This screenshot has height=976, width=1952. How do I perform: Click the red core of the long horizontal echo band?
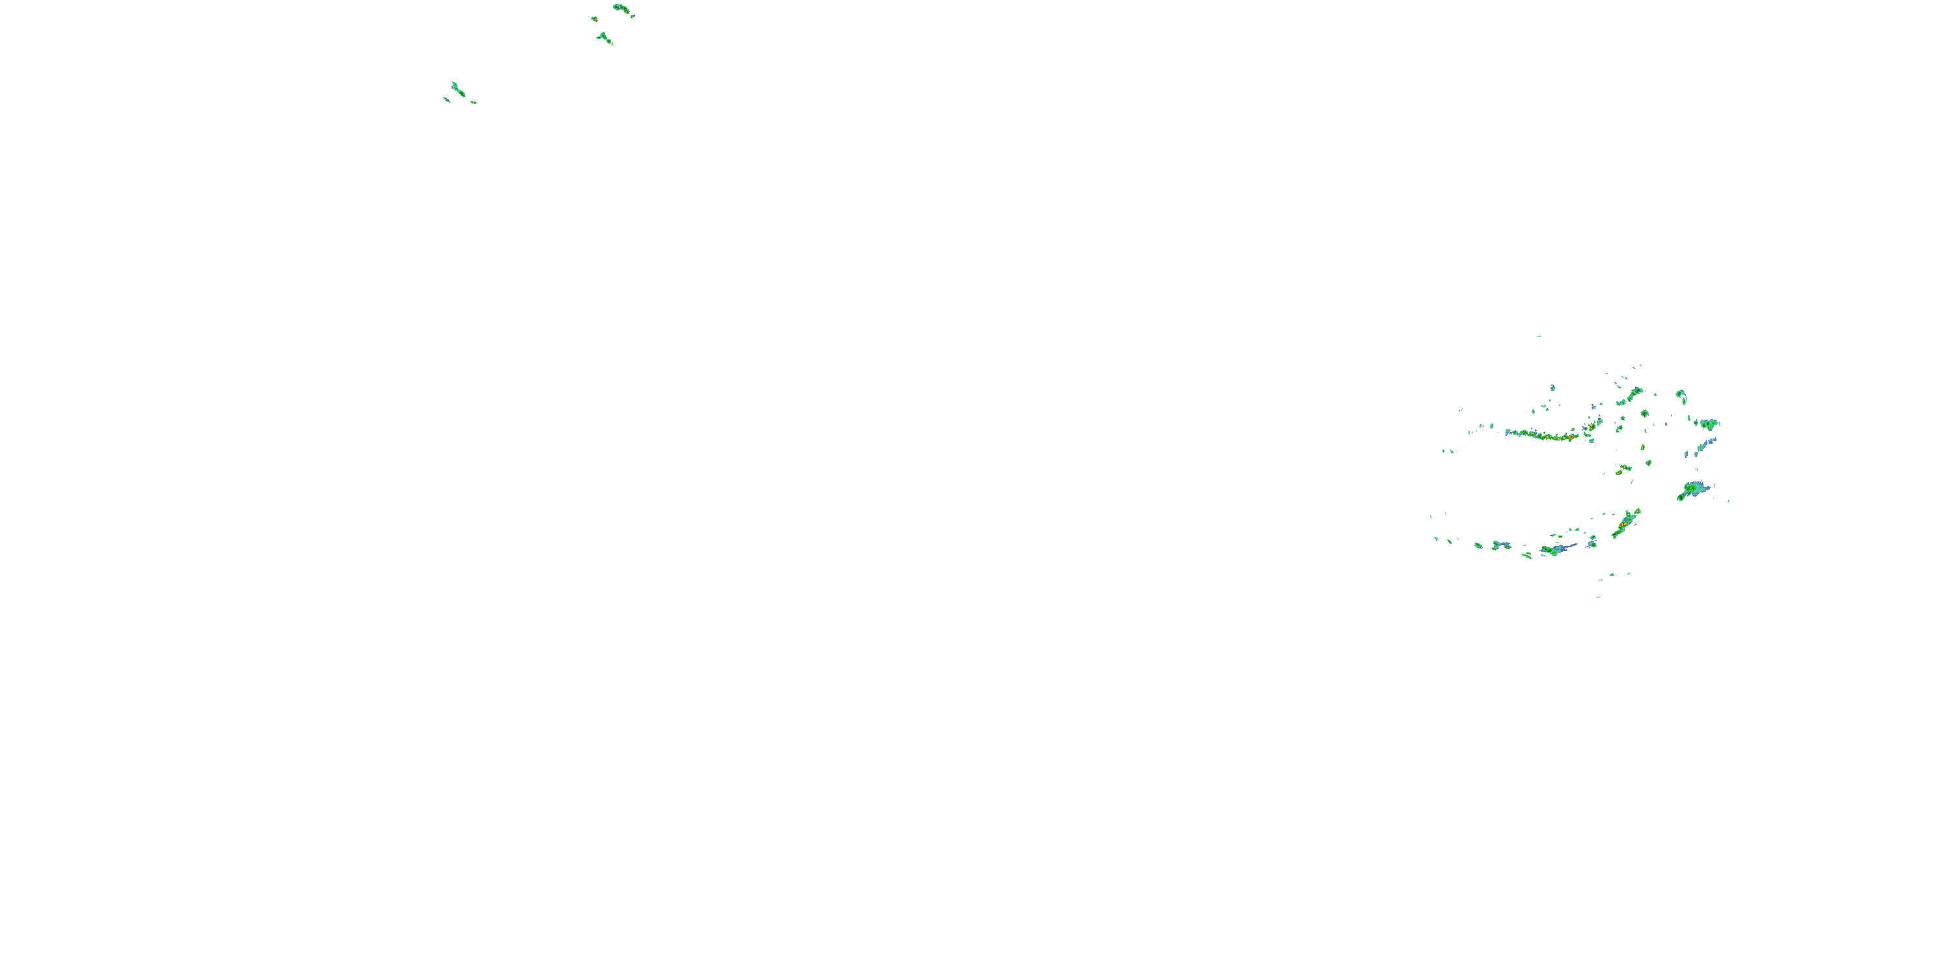tap(1571, 437)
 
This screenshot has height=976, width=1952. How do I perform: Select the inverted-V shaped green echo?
tap(604, 37)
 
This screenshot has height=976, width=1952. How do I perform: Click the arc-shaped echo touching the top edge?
tap(621, 8)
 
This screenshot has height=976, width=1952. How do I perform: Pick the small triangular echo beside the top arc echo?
tap(594, 18)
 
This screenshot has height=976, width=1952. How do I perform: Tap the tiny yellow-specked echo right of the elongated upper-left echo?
tap(474, 102)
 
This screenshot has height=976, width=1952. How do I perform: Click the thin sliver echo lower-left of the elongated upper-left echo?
tap(446, 98)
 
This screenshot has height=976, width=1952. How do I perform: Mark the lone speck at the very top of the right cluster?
tap(1538, 336)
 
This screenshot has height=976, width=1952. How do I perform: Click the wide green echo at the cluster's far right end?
tap(1709, 424)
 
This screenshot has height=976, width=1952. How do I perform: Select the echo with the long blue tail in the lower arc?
tap(1555, 549)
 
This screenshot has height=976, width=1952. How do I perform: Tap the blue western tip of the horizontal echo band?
tap(1509, 433)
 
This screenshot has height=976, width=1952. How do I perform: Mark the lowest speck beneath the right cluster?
tap(1599, 597)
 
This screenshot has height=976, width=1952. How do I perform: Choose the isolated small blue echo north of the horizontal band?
tap(1552, 388)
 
